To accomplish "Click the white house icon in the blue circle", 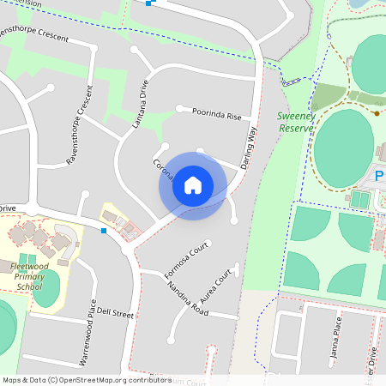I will (193, 184).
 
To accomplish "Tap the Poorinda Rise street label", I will (216, 113).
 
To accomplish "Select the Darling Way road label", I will (250, 147).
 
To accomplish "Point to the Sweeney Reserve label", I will (297, 121).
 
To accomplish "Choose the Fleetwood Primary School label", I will (29, 275).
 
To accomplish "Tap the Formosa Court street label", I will (187, 261).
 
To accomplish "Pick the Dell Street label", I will (116, 312).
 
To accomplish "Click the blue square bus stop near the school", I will (104, 230).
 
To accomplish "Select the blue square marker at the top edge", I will (149, 3).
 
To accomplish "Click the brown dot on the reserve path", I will (377, 112).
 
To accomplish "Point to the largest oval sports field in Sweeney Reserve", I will (343, 148).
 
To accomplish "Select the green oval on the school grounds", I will (46, 287).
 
